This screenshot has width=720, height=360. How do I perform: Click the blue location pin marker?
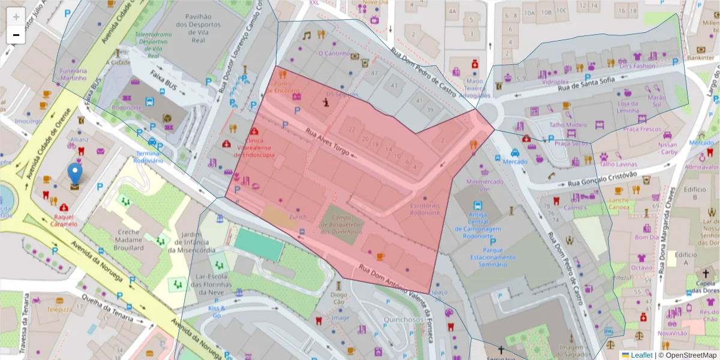coord(74,173)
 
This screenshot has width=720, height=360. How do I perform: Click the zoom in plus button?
coord(16,16)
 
